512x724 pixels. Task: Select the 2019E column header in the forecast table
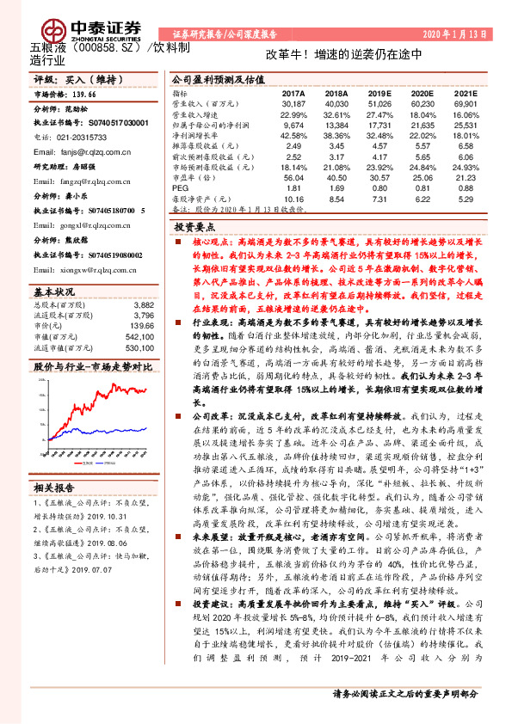(x=379, y=94)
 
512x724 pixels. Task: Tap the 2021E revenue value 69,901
(x=464, y=104)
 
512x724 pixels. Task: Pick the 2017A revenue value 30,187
(x=294, y=104)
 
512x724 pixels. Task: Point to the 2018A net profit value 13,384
(x=336, y=125)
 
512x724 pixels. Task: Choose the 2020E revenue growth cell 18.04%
(x=423, y=114)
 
